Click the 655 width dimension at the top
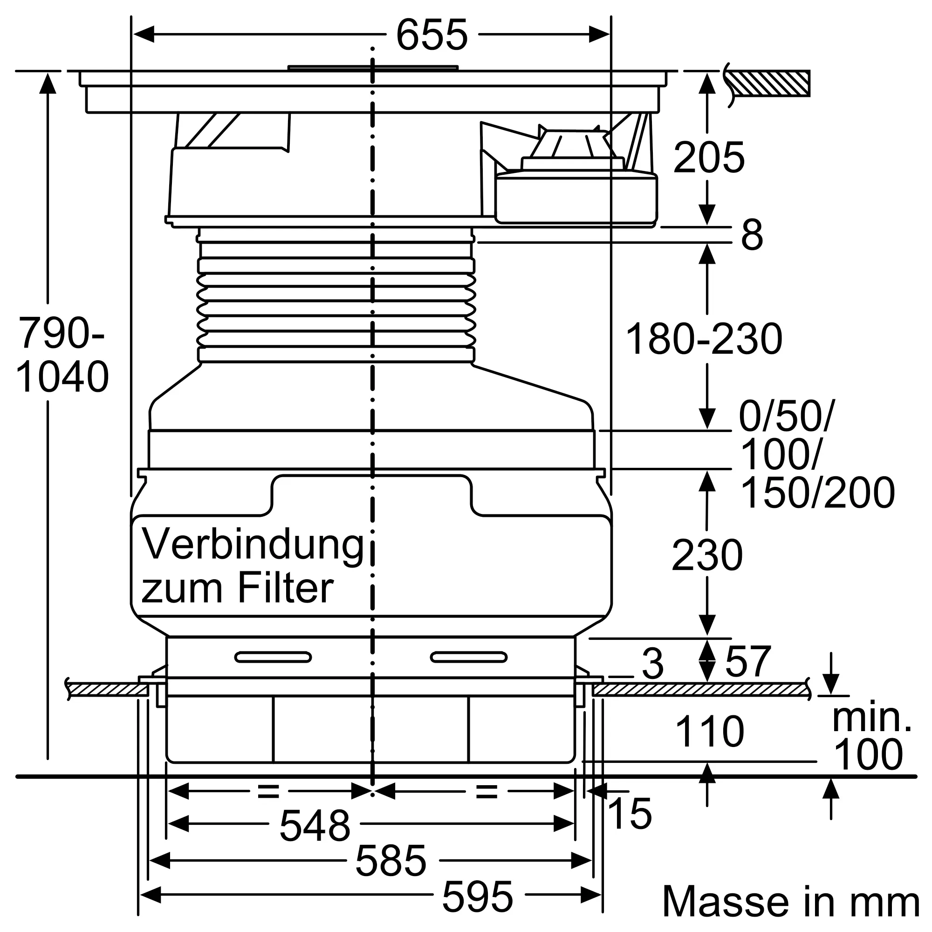432,35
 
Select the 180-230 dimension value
704,340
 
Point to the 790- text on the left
61,333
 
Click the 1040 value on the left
62,377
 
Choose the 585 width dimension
391,861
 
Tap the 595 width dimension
478,896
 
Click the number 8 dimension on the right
752,235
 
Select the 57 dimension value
748,662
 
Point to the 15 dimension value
630,814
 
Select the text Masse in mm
791,902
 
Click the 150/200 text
817,493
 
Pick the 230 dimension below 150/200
707,556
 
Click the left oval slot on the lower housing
273,657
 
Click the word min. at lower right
872,718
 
